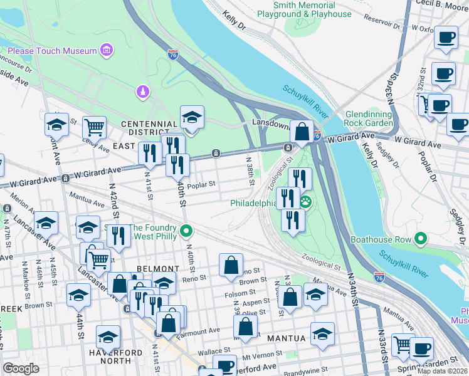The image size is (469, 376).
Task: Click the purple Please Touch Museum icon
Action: click(x=107, y=50)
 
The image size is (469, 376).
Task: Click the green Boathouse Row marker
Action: click(x=420, y=239)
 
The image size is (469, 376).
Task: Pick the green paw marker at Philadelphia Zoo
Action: click(x=306, y=202)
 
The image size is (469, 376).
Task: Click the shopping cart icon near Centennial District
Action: click(x=94, y=127)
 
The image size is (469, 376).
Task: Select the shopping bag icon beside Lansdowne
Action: click(x=302, y=132)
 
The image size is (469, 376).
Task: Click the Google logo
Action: click(x=21, y=368)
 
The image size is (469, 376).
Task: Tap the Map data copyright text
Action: click(x=443, y=371)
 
